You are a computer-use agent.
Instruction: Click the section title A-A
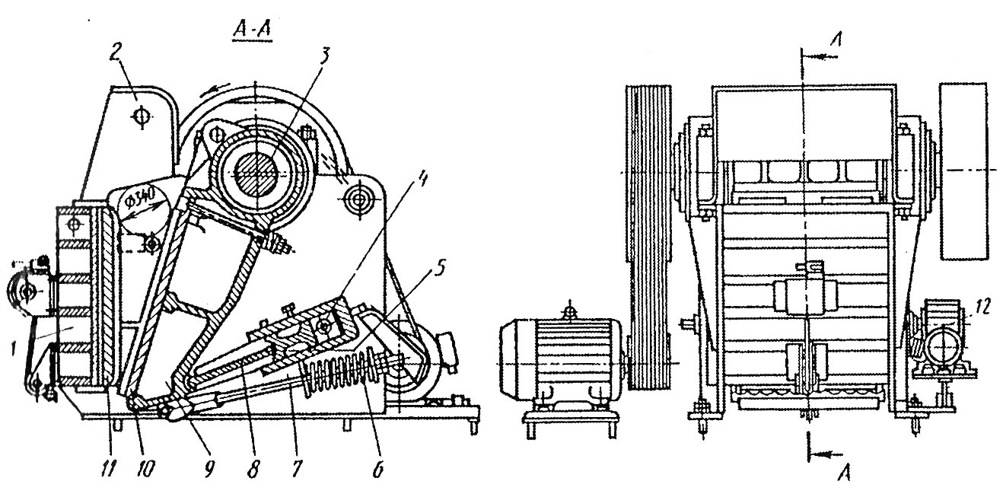point(252,31)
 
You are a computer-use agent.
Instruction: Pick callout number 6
point(378,468)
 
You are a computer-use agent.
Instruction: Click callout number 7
point(296,468)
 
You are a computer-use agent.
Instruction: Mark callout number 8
point(253,468)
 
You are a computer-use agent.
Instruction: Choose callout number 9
point(209,468)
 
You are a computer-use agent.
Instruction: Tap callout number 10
point(146,468)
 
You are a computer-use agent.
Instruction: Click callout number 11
point(107,468)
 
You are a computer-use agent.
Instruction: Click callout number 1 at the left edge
point(14,349)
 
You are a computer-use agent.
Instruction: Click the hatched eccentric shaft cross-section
point(256,173)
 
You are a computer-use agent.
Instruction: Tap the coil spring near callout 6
point(342,368)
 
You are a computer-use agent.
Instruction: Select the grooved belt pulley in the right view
point(648,237)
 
